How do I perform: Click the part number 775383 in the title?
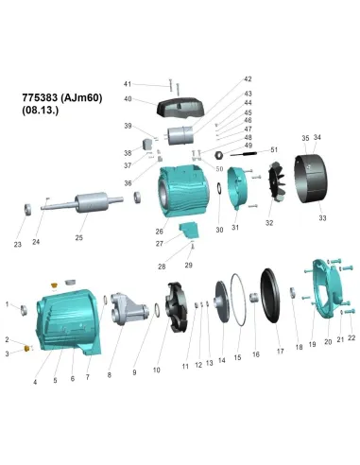(41, 97)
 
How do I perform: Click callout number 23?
(17, 245)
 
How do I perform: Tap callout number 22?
(351, 337)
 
